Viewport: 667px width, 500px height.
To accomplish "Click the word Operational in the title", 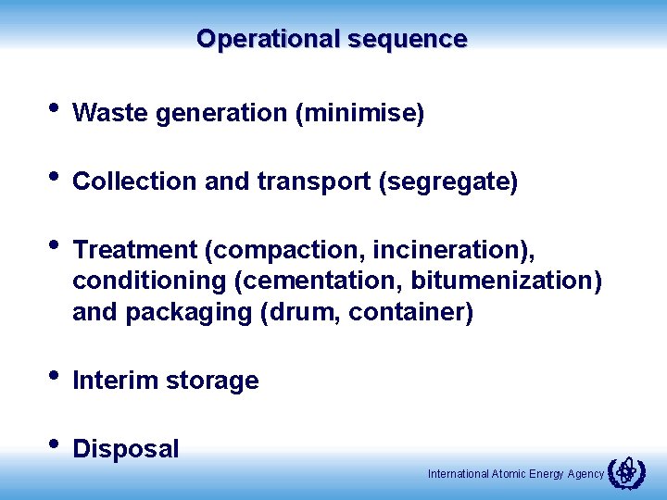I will click(268, 40).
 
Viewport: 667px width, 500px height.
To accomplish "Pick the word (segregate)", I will click(448, 182).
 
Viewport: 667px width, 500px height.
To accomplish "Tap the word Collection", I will click(134, 182).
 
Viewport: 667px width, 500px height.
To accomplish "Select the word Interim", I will click(111, 381).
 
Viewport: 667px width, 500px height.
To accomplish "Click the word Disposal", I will click(126, 450).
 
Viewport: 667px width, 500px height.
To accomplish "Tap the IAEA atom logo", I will click(627, 472).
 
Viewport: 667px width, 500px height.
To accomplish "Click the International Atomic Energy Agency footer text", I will click(516, 474).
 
